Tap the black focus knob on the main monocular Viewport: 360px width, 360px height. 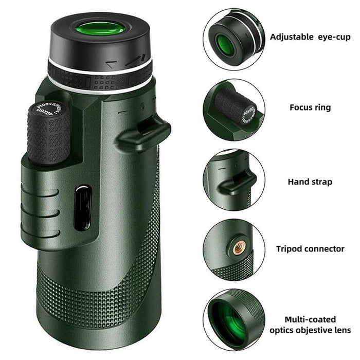coord(49,136)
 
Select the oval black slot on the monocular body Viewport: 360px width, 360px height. coord(82,208)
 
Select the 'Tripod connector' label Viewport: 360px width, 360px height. coord(310,248)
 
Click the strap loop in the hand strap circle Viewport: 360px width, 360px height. coord(238,181)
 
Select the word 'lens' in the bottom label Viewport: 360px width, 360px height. coord(342,330)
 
